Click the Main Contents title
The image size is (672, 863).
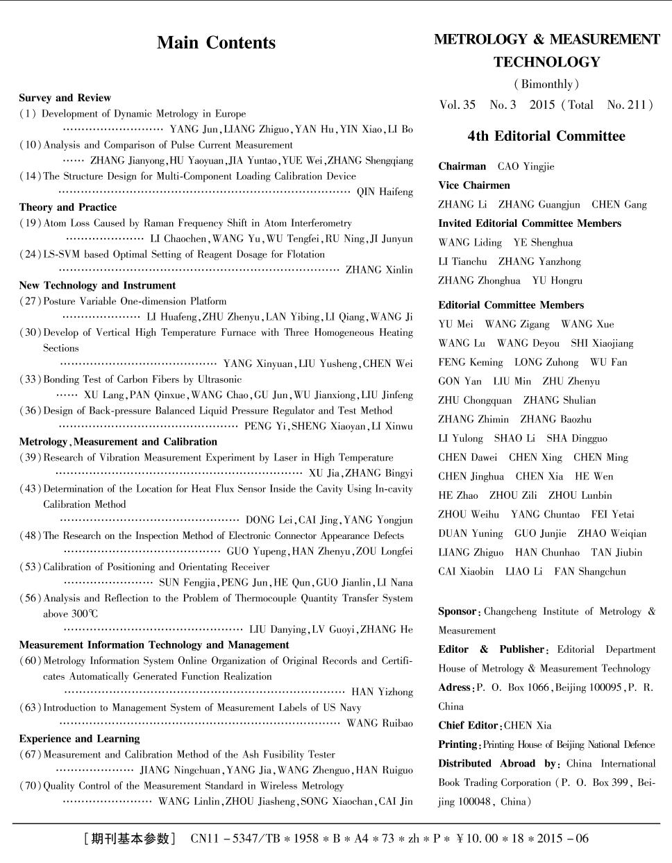(x=216, y=43)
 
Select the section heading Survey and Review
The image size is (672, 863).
(x=65, y=98)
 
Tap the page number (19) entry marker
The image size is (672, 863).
(x=30, y=223)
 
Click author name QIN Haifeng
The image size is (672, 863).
(x=385, y=192)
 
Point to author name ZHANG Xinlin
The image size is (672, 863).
(x=379, y=270)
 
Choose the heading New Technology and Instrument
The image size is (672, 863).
(x=97, y=285)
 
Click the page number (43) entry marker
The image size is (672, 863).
(x=30, y=489)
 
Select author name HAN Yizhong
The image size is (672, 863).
(x=382, y=692)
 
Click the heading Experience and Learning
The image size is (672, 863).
(x=79, y=739)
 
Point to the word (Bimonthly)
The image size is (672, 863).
(x=546, y=85)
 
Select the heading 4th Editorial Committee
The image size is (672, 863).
(x=546, y=136)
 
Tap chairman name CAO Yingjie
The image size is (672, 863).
(x=526, y=166)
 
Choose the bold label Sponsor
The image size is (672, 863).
(x=457, y=612)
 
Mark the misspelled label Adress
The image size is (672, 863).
(x=455, y=687)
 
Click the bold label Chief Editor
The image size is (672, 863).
(x=468, y=726)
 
